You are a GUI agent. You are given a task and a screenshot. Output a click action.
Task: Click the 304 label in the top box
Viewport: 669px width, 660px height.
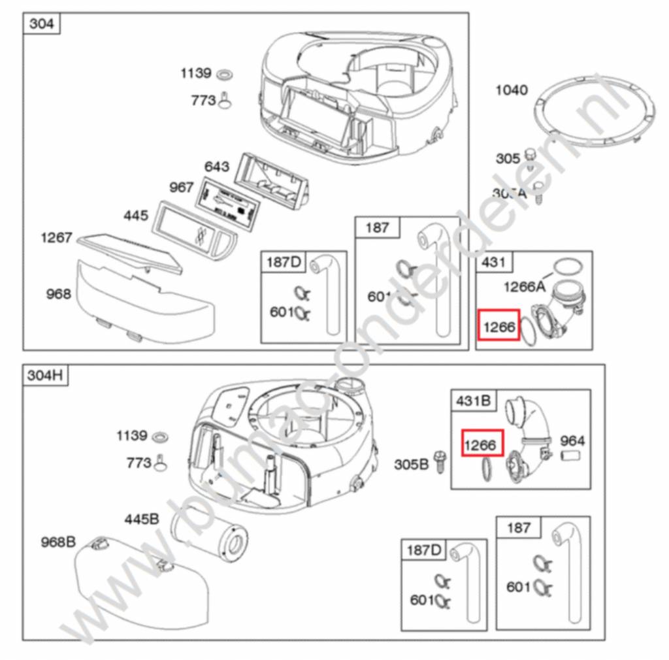tap(42, 25)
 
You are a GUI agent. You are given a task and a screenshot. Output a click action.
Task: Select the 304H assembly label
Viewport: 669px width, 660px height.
tap(46, 376)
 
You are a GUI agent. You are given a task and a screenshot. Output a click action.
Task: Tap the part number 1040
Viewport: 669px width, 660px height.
tap(512, 90)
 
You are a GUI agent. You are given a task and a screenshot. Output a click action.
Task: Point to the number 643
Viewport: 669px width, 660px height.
tap(217, 166)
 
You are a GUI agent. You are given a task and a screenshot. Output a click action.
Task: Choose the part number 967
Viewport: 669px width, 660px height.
tap(182, 188)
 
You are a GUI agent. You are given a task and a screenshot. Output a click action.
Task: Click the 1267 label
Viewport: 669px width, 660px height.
tap(56, 237)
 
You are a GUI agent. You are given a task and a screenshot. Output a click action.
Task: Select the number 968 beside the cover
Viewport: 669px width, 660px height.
tap(58, 294)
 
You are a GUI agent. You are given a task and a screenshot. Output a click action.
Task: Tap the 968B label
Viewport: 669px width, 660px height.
tap(57, 542)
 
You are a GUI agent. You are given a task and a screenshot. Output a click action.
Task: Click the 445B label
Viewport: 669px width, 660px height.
tap(142, 520)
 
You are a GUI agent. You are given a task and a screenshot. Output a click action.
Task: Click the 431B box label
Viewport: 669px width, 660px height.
tap(473, 401)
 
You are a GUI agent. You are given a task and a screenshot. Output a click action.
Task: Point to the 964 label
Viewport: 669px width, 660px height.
tap(572, 441)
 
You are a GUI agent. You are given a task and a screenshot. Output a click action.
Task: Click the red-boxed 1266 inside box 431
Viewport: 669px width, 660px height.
tap(498, 325)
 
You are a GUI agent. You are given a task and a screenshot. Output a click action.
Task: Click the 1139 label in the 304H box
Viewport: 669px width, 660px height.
tap(132, 435)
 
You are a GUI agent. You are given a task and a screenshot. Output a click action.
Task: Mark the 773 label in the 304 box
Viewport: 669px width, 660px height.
tap(203, 100)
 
